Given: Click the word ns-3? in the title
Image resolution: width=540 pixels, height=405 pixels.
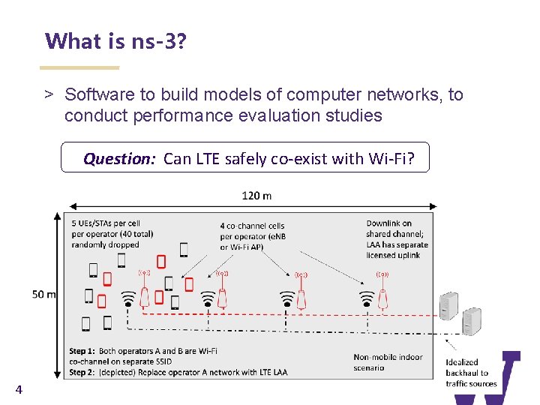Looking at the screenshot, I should coord(158,41).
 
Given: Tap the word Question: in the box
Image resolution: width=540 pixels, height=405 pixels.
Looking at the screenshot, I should coord(118,158).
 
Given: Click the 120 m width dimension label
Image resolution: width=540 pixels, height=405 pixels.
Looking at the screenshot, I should coord(256,196).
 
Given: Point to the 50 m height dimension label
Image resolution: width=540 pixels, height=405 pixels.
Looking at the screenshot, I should coord(44,294).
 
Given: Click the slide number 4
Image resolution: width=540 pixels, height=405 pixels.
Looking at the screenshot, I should coord(19,389).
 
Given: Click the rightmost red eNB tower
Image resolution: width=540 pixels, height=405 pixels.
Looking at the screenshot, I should coord(382,294).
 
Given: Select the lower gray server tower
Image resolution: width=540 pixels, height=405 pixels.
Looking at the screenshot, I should coord(471,320).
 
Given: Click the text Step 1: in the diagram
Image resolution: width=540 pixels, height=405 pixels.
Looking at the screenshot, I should coord(82,351).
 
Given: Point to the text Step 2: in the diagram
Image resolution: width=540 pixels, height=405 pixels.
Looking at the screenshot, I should coord(82,372).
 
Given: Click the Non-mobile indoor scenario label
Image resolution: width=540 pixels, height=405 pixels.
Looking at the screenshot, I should coord(388,362).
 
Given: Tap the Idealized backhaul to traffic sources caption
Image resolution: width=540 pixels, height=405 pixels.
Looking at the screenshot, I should coord(471,373).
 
